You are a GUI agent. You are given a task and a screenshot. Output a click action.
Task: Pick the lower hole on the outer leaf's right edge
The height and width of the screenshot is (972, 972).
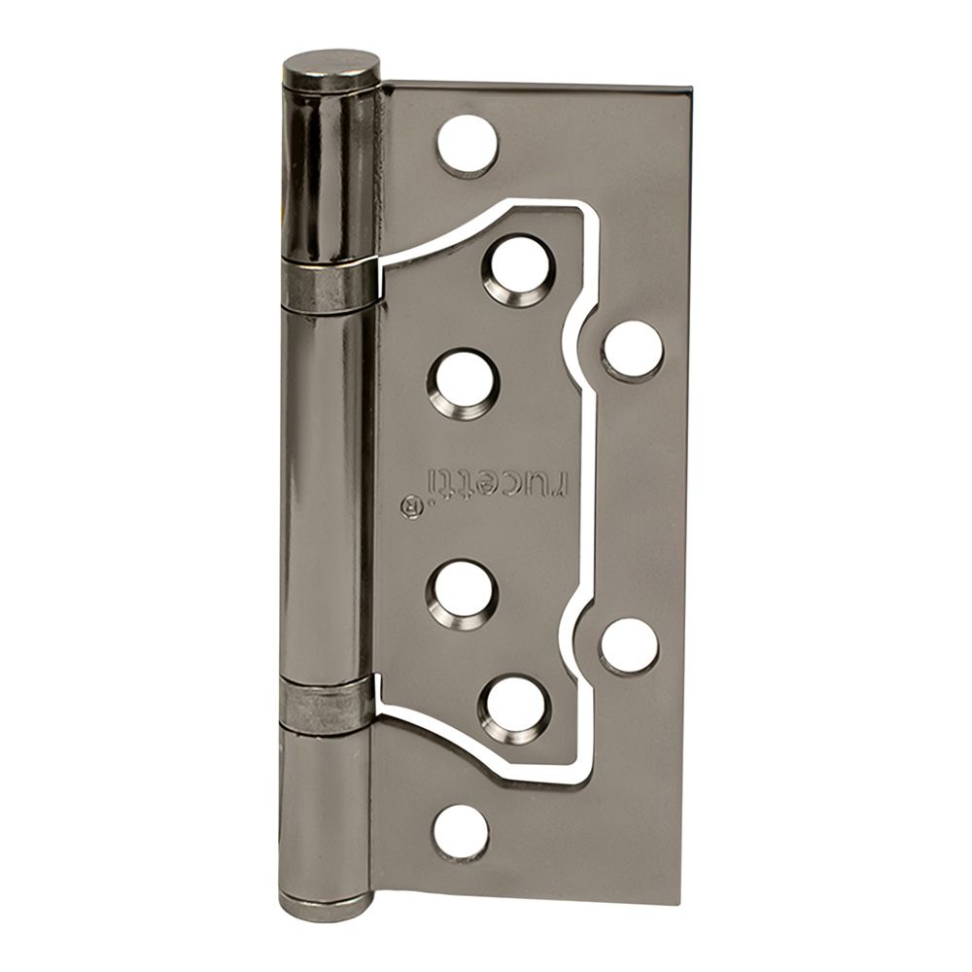629,646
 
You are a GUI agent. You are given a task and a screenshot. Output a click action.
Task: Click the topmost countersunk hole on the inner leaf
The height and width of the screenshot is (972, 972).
518,271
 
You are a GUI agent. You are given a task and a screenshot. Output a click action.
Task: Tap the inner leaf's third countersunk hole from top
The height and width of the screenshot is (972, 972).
462,588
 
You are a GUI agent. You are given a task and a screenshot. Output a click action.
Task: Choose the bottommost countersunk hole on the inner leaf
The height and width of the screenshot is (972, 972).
514,710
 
